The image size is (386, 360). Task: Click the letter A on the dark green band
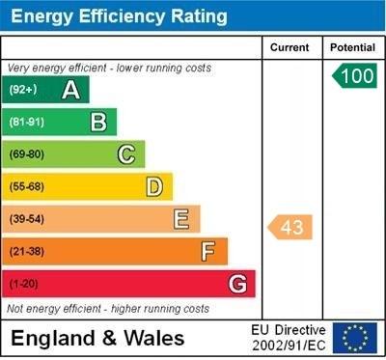tap(70, 91)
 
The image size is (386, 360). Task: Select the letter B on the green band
tap(98, 123)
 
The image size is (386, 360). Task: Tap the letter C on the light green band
tap(126, 154)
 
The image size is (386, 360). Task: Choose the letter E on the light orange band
tap(181, 219)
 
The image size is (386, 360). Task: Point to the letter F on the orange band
tap(208, 252)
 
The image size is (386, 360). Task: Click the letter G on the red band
tap(237, 284)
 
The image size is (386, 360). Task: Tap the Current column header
tap(289, 47)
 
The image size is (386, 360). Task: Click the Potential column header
tap(352, 47)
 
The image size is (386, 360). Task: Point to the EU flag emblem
tap(355, 338)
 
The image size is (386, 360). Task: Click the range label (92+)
tap(23, 91)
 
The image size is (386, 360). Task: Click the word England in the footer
tap(54, 339)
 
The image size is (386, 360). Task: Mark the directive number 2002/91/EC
tap(289, 346)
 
